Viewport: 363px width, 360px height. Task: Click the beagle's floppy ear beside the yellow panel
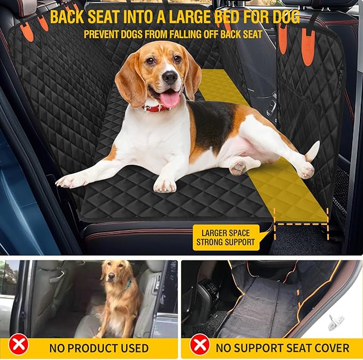(x=191, y=75)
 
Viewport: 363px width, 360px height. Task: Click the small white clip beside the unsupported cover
(x=336, y=321)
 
